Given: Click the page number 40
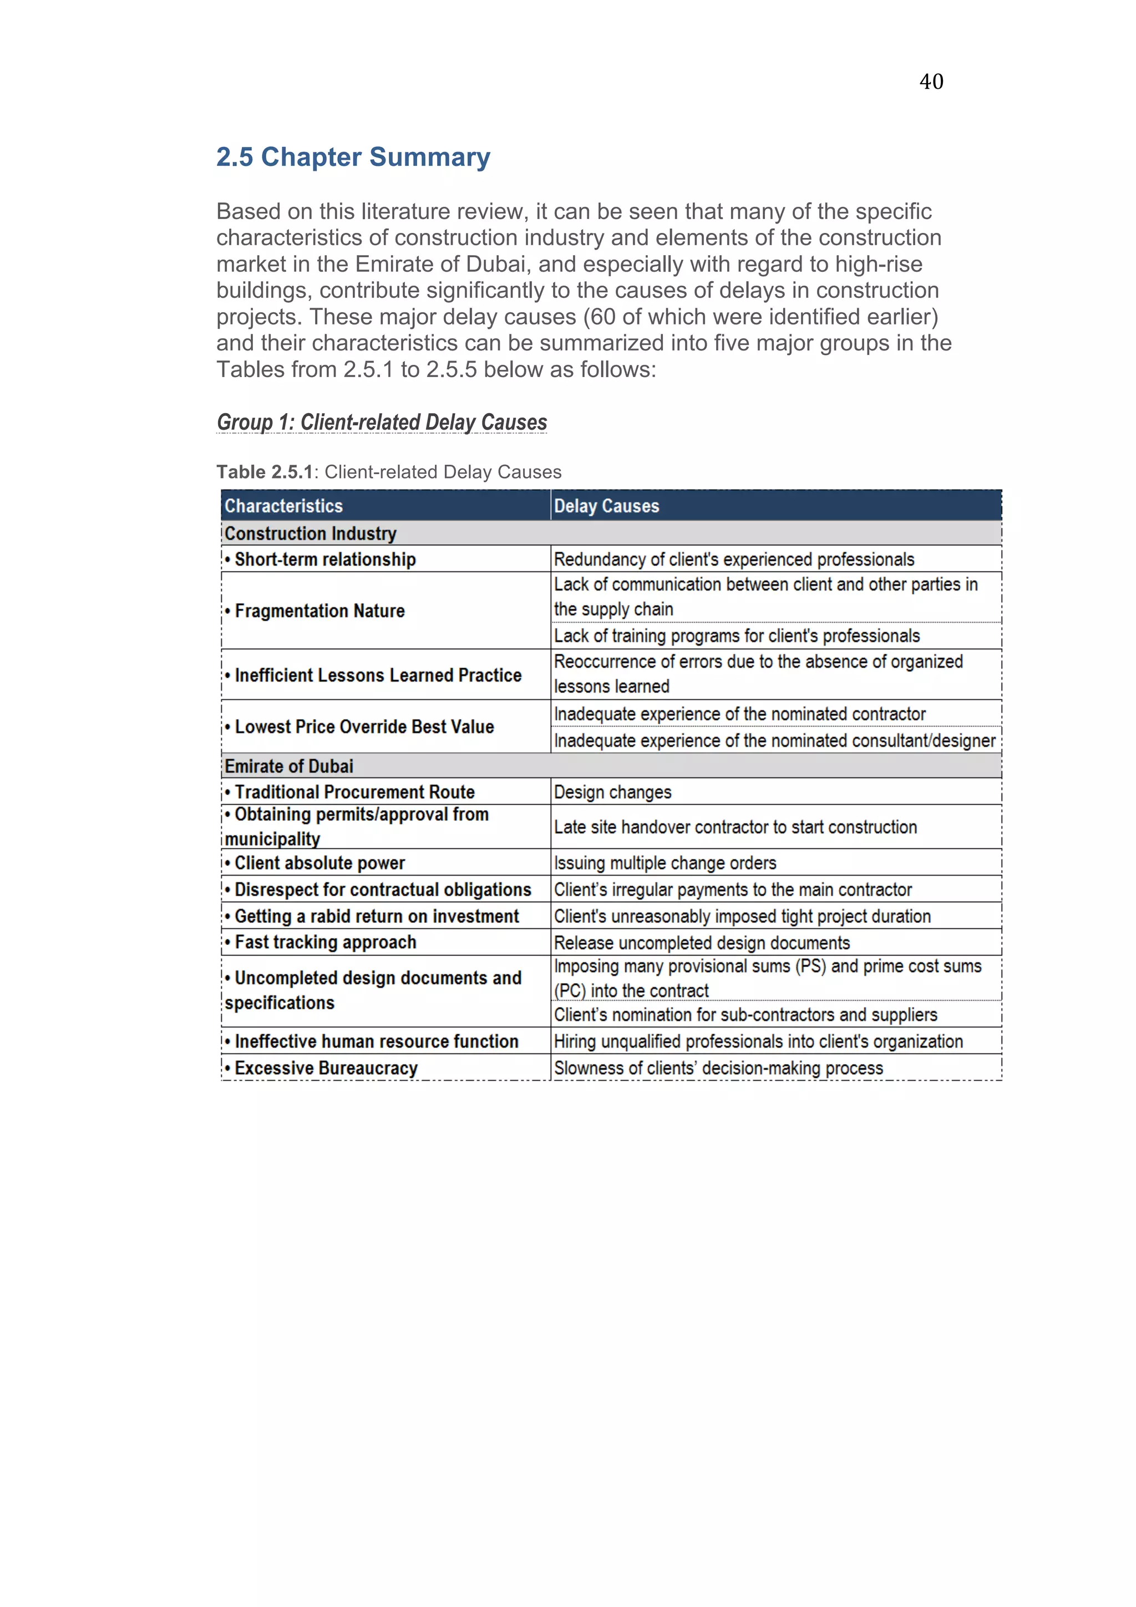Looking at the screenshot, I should [931, 82].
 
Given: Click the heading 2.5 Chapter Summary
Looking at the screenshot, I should [353, 157].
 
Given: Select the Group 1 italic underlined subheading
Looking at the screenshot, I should [382, 422].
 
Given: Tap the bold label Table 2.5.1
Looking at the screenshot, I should [264, 472].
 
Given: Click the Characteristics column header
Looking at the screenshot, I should [283, 506].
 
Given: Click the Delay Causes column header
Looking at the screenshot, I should [606, 506].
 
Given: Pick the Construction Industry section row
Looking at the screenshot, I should [310, 533].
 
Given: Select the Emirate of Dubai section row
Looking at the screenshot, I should [288, 766].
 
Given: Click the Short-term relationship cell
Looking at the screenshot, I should [325, 559].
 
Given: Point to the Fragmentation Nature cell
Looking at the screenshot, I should [319, 611].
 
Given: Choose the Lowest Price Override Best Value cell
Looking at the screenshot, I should [364, 726].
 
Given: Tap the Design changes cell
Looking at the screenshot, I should [612, 792].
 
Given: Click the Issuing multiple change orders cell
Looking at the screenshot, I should [665, 863].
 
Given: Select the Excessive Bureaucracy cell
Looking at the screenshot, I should [326, 1068].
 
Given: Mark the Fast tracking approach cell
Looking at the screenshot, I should [325, 943].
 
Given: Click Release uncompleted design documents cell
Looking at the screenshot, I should [701, 943].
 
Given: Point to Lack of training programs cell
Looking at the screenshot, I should [736, 635].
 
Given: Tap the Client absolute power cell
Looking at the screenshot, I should [319, 863].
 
